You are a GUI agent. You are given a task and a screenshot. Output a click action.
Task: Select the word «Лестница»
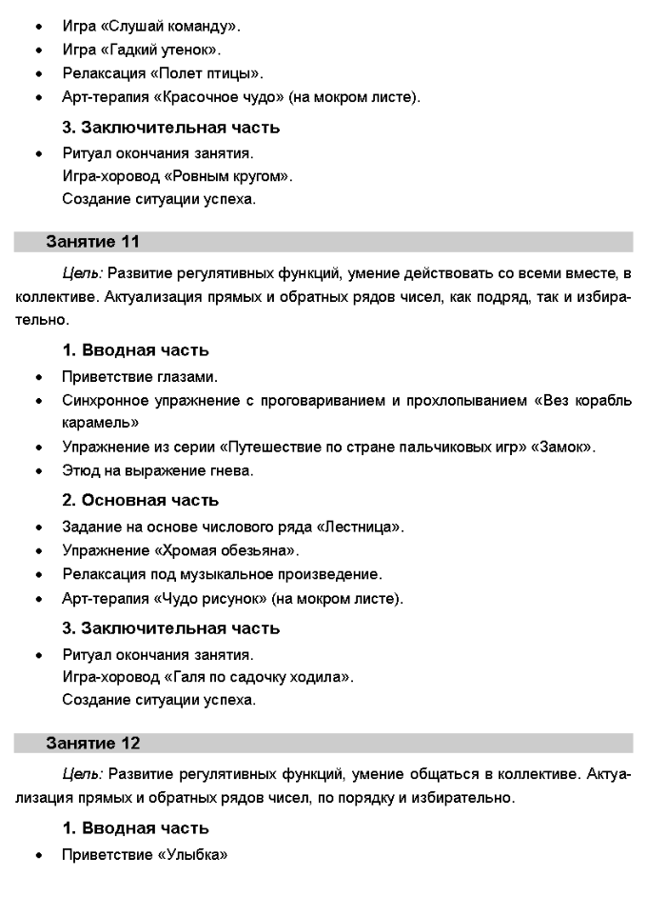click(365, 527)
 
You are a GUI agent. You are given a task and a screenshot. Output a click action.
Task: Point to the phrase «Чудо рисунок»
click(216, 599)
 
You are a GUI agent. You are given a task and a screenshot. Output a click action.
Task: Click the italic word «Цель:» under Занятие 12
click(83, 773)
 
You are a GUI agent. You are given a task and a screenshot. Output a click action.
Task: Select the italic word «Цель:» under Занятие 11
click(83, 273)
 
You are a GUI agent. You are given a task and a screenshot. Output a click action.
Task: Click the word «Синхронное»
click(105, 400)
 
